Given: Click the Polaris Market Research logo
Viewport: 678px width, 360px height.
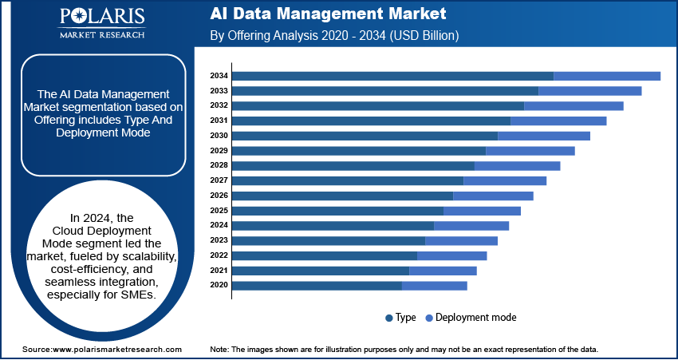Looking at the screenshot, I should (x=101, y=23).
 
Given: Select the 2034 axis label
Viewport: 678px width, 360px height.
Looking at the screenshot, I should (x=219, y=76).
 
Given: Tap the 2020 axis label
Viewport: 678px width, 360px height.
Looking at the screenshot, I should (x=219, y=285).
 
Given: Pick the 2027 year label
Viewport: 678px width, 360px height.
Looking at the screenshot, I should (x=219, y=180).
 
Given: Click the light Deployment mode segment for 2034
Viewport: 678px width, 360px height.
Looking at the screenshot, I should (x=606, y=76).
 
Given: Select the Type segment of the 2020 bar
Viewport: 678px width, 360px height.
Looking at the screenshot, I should (x=317, y=285).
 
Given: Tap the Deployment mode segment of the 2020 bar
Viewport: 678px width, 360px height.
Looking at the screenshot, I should (x=434, y=285).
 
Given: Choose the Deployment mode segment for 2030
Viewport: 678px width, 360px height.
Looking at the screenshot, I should (x=543, y=136).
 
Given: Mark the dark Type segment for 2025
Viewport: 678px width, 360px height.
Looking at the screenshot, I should (x=337, y=211).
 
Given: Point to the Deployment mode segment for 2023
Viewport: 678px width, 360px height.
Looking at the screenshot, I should (x=461, y=240).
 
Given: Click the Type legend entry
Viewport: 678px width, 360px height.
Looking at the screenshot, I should (x=400, y=318).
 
